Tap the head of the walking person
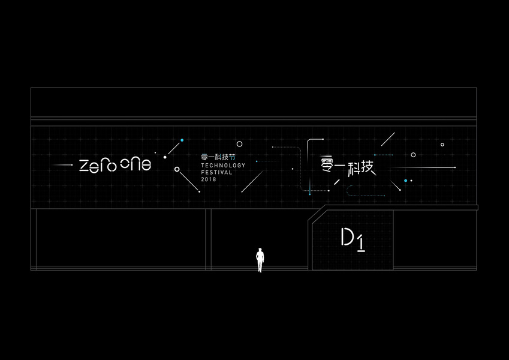coord(260,250)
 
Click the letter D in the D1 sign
coord(348,238)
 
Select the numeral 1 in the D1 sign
coord(362,241)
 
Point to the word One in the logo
coord(135,164)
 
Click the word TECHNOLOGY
coord(223,164)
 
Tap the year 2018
coord(209,179)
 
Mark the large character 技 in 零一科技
coord(366,164)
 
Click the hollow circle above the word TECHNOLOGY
coord(239,144)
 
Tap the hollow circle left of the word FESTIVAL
coord(176,169)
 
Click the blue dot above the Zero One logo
coord(182,140)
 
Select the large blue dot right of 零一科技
coord(406,180)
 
